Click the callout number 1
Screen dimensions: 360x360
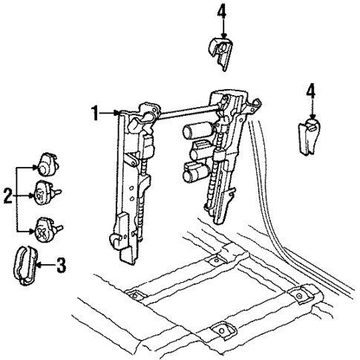tap(95, 113)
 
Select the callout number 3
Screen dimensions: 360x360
tap(62, 264)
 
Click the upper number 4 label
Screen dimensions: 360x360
tap(220, 11)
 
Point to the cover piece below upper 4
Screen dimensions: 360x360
tap(220, 52)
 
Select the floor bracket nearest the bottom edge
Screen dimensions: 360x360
tap(221, 330)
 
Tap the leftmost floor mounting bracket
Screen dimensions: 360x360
tap(134, 296)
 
